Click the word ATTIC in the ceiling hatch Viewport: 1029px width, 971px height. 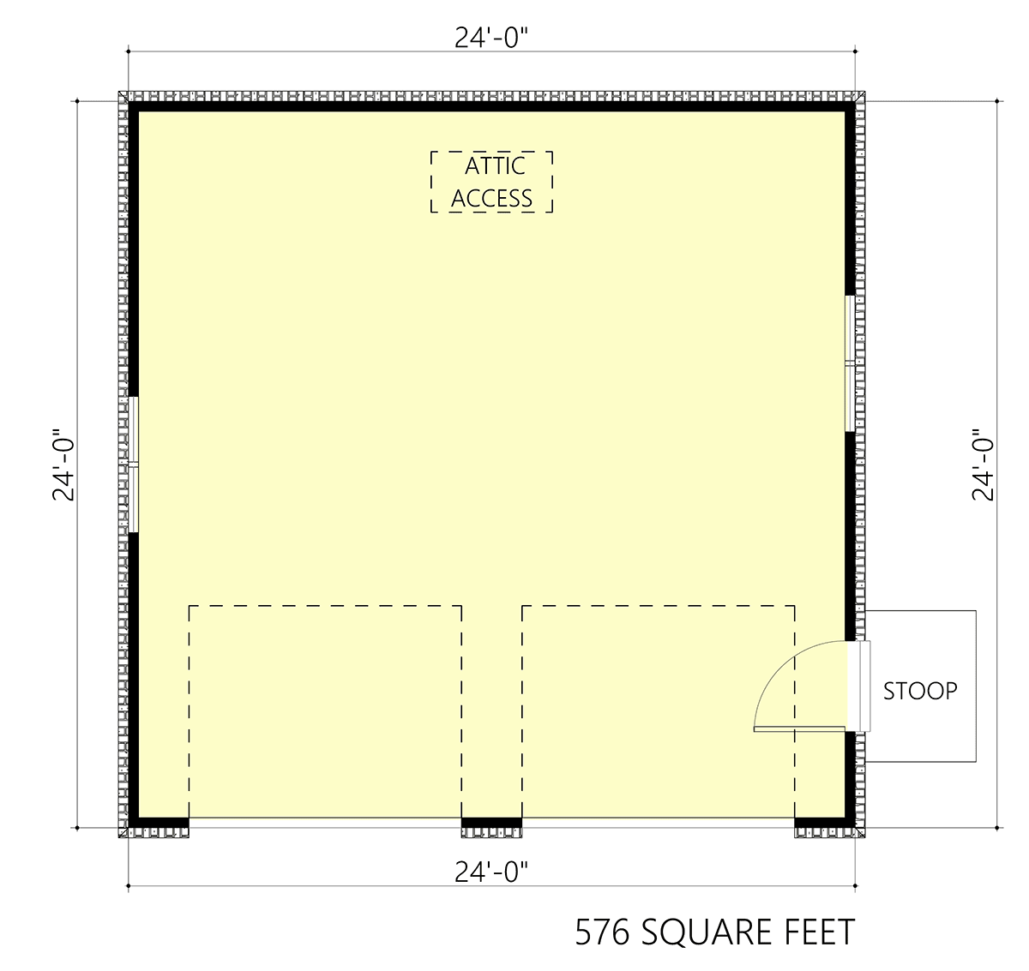pyautogui.click(x=495, y=166)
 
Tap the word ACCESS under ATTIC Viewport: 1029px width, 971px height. pyautogui.click(x=491, y=198)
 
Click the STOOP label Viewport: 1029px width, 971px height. pyautogui.click(x=920, y=692)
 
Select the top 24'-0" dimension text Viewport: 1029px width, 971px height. pyautogui.click(x=491, y=38)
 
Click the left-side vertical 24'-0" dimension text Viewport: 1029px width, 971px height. pyautogui.click(x=63, y=465)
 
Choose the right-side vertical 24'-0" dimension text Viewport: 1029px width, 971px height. pyautogui.click(x=983, y=465)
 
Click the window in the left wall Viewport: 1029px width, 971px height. pyautogui.click(x=133, y=465)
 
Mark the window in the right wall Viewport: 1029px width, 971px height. pyautogui.click(x=850, y=363)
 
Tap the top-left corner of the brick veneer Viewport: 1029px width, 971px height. pyautogui.click(x=118, y=92)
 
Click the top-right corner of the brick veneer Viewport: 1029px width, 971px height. pyautogui.click(x=864, y=92)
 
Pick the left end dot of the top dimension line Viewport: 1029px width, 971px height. pyautogui.click(x=129, y=51)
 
